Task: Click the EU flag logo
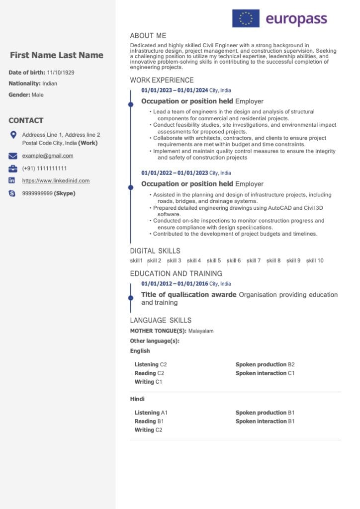[246, 18]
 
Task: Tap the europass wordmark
[296, 19]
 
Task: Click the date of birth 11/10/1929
[61, 73]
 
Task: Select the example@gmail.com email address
[48, 156]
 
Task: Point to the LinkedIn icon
[12, 180]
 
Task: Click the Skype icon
[12, 193]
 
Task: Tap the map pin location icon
[13, 135]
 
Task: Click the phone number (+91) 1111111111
[44, 169]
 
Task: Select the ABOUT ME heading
[148, 36]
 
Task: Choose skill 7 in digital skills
[254, 260]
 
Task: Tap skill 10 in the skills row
[315, 260]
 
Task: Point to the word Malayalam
[201, 331]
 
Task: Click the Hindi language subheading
[137, 399]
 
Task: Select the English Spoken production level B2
[291, 364]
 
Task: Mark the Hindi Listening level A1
[165, 413]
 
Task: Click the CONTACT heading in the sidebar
[26, 120]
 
